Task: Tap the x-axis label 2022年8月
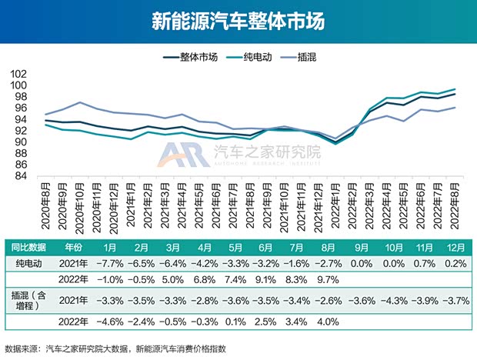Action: (x=454, y=202)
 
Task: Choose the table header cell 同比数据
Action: (x=28, y=247)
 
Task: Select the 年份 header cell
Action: (x=74, y=247)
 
